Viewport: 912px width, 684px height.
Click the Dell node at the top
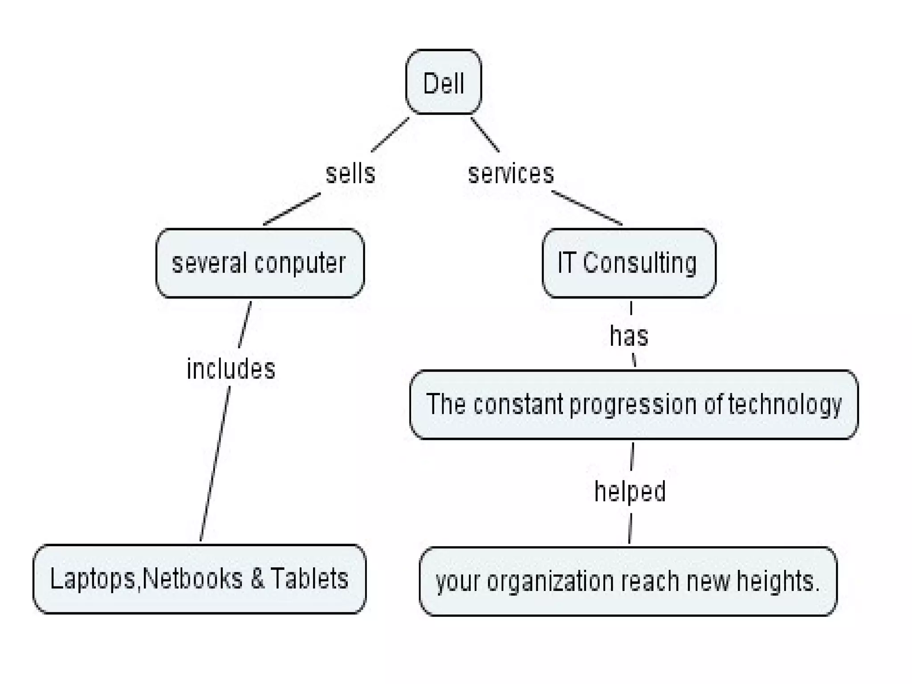coord(444,82)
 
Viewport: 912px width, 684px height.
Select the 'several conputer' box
coord(260,263)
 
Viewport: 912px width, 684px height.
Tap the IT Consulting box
coord(629,263)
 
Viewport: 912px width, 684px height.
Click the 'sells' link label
coord(350,173)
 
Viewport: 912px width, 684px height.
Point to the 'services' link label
coord(511,173)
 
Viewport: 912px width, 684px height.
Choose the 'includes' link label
coord(231,369)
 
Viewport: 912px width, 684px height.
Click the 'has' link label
coord(629,336)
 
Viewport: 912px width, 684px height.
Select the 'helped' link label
coord(630,491)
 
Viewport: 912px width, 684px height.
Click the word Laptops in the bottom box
coord(93,579)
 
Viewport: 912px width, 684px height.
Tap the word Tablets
coord(309,578)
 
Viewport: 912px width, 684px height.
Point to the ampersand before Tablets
coord(257,578)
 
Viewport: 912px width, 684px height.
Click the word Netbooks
coord(193,578)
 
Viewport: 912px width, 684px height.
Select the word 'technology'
coord(785,405)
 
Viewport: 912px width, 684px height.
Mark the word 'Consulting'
coord(639,263)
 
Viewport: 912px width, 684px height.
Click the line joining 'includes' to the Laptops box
coord(215,463)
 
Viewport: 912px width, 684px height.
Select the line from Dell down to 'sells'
coord(390,135)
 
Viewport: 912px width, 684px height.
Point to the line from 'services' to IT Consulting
coord(586,208)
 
